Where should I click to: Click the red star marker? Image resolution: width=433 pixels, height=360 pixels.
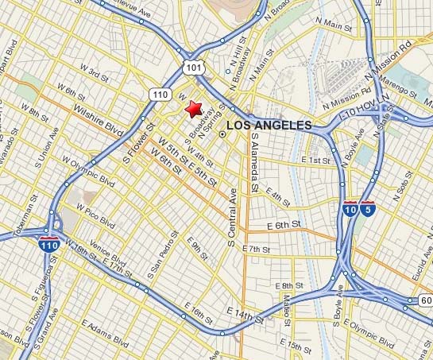click(193, 110)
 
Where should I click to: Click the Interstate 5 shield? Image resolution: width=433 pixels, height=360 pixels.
click(366, 210)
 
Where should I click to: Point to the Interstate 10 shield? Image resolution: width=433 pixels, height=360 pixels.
click(350, 210)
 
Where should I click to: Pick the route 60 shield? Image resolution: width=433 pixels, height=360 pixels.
click(426, 300)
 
